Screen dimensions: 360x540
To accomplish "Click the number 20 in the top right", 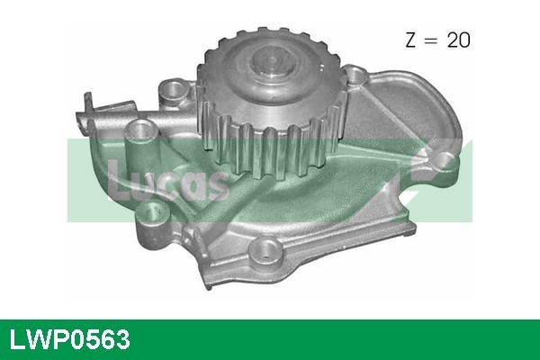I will pos(456,40).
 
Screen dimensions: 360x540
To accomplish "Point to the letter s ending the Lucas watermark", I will pos(215,184).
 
